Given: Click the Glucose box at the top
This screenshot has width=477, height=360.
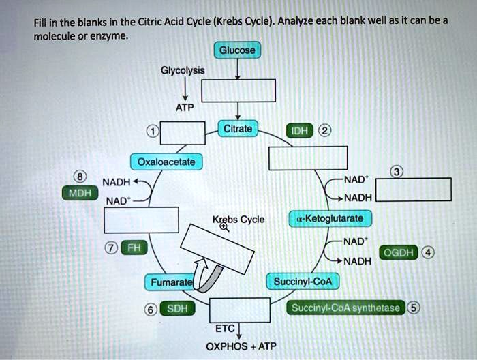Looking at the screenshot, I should coord(237,51).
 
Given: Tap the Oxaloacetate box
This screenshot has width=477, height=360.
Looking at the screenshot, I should coord(166,162).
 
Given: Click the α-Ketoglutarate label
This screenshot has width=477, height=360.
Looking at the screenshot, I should coord(331,217).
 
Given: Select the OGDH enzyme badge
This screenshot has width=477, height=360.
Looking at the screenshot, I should coord(401,253).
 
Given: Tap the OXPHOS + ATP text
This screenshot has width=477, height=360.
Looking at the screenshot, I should coord(241,346).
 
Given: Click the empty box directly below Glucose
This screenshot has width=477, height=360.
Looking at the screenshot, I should coord(238,90).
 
